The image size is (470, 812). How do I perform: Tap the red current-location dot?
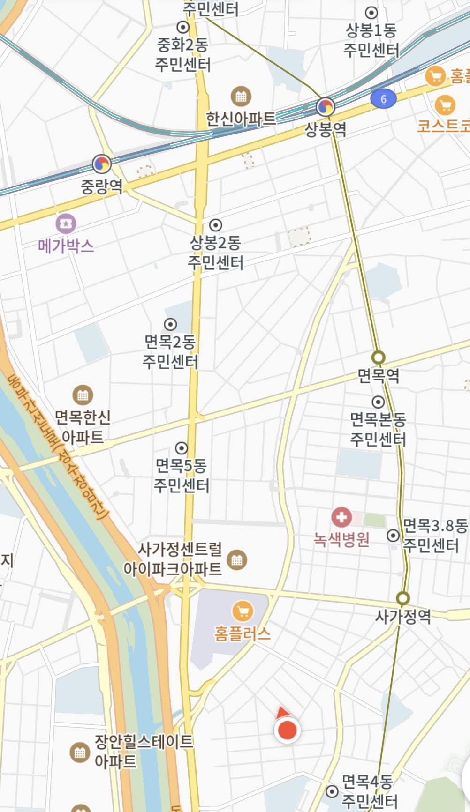(x=287, y=730)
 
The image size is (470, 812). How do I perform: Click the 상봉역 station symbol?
(x=325, y=107)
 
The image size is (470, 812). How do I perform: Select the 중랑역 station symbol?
(x=102, y=164)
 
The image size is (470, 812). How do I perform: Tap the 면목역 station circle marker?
(x=378, y=358)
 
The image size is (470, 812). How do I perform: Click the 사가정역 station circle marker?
(x=402, y=598)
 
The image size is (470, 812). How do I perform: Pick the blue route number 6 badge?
(x=383, y=99)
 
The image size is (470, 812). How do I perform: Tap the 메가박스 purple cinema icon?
(x=66, y=224)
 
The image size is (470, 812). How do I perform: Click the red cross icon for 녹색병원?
(x=341, y=517)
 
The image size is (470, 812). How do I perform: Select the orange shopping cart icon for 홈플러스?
(x=243, y=611)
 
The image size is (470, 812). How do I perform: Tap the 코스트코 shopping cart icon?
(x=445, y=105)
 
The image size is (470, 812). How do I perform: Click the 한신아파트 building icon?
(x=241, y=97)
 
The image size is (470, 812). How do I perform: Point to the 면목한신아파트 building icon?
(x=83, y=395)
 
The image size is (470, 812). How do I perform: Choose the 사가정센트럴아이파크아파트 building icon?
(x=236, y=559)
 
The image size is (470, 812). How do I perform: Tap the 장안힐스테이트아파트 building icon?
(x=80, y=752)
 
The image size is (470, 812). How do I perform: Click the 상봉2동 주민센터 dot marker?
(x=215, y=225)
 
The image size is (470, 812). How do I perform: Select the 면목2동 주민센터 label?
(x=170, y=351)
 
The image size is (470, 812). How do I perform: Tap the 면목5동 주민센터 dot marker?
(x=182, y=448)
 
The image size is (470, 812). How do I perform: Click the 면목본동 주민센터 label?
(x=378, y=429)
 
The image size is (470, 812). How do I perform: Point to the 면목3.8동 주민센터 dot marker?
(x=393, y=536)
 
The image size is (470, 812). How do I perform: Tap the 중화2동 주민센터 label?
(x=183, y=54)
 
